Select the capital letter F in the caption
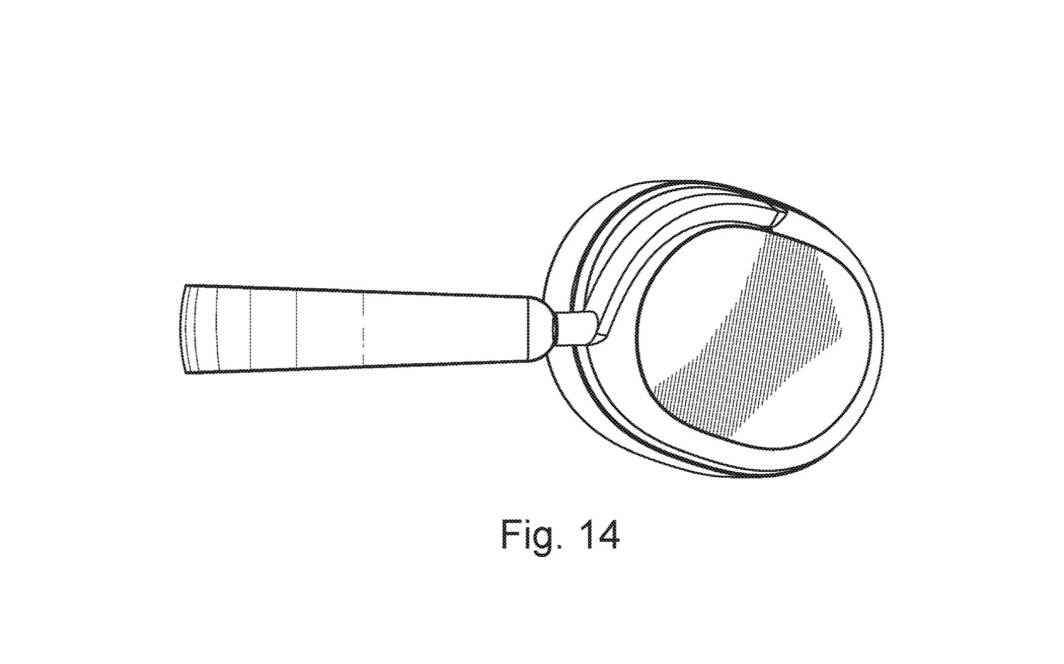point(510,534)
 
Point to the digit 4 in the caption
point(608,534)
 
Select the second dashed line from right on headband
point(296,329)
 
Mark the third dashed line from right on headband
point(251,329)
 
